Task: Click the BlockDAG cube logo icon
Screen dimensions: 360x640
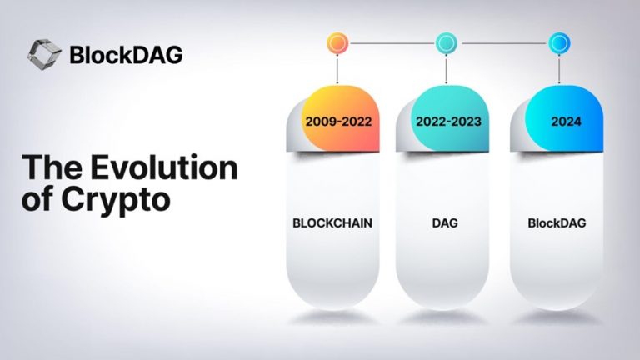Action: point(43,54)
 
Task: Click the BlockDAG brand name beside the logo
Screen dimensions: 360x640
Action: point(126,55)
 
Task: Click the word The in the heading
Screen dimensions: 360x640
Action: point(52,167)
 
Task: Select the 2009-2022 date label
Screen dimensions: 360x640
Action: point(337,121)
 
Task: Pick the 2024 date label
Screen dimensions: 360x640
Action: point(561,121)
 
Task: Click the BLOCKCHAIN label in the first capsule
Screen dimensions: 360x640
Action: point(332,223)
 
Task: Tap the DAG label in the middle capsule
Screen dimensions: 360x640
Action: point(443,223)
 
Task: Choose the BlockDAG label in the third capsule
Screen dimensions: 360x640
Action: point(555,223)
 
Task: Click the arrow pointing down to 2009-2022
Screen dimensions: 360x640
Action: point(337,71)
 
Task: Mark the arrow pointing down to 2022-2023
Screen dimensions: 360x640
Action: point(447,71)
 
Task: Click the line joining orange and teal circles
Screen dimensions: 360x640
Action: point(392,42)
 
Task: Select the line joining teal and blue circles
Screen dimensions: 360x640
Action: point(503,42)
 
